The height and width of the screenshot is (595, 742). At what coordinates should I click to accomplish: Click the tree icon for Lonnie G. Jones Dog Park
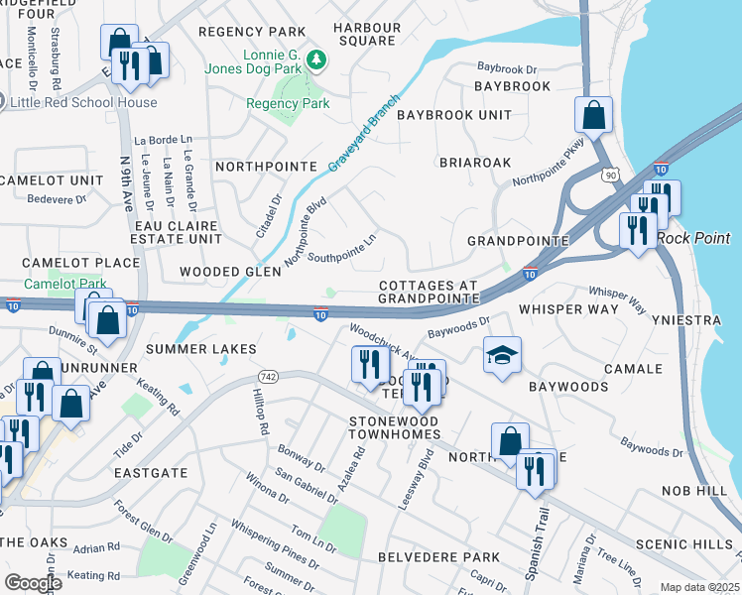[316, 60]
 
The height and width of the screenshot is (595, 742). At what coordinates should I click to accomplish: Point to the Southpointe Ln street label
[342, 248]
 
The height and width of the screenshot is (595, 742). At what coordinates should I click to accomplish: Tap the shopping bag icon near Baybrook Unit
[593, 115]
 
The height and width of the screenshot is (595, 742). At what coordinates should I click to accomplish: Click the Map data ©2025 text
[699, 587]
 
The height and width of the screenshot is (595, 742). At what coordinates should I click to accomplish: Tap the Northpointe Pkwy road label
[550, 166]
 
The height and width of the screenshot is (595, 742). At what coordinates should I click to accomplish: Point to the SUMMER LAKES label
[201, 349]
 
